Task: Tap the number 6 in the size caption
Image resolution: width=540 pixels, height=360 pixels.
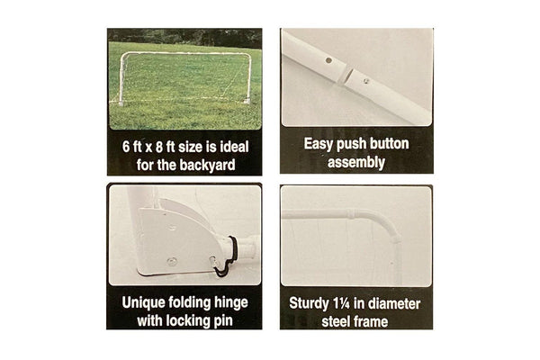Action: point(126,147)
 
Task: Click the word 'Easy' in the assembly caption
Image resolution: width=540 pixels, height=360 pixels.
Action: point(318,144)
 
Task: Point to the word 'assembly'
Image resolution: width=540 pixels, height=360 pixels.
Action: point(356,162)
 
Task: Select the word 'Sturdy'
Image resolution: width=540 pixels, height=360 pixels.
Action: point(309,303)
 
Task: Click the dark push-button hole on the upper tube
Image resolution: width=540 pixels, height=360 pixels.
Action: point(328,60)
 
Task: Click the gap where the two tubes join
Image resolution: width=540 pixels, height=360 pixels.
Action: point(346,76)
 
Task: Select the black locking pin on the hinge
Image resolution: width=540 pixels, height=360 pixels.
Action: point(228,256)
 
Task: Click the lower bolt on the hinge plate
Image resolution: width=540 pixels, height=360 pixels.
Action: point(172,261)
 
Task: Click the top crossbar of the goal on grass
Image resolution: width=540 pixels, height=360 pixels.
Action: point(185,53)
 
